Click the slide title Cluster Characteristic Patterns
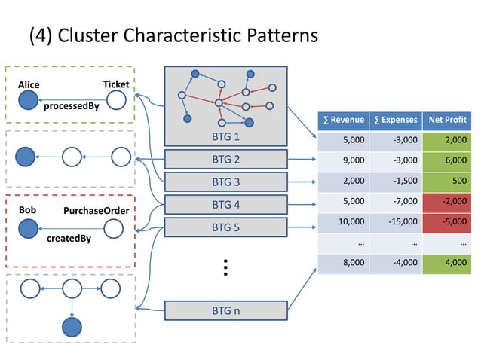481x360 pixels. [x=173, y=35]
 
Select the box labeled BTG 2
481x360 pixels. [x=226, y=160]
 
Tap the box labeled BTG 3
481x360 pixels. [x=226, y=182]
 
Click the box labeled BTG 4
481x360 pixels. [x=226, y=204]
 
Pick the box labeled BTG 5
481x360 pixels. [x=226, y=227]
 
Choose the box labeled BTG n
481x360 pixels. [x=226, y=310]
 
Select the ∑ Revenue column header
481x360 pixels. [x=343, y=120]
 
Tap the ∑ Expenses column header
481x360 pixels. [x=395, y=120]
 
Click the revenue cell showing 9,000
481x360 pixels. [x=343, y=160]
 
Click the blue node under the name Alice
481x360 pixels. [x=28, y=100]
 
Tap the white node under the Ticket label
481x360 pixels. [x=117, y=99]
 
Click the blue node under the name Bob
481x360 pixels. [x=28, y=227]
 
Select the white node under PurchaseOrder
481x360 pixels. [x=113, y=227]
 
